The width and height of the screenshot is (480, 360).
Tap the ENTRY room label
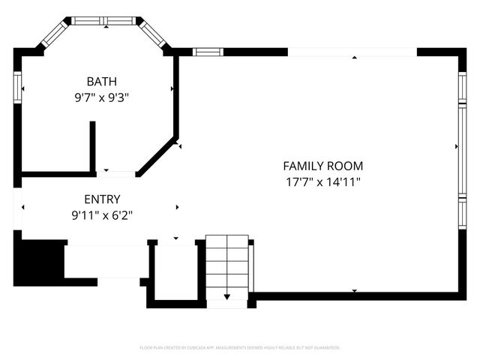click(x=102, y=199)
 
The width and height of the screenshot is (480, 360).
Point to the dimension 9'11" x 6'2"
click(x=102, y=214)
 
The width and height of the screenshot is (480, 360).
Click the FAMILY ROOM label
click(x=322, y=166)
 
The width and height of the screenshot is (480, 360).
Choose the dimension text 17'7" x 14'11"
click(x=322, y=181)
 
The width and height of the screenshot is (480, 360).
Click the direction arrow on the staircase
click(x=226, y=297)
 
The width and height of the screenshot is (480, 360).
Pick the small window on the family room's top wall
click(x=208, y=52)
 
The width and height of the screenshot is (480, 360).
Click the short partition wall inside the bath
click(x=92, y=146)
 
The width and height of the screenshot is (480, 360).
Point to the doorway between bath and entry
click(x=115, y=174)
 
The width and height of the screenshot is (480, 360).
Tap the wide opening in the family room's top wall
click(x=352, y=52)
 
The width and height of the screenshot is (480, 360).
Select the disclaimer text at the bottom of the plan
click(x=240, y=348)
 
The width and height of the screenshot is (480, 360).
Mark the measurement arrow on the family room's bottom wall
click(x=355, y=291)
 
